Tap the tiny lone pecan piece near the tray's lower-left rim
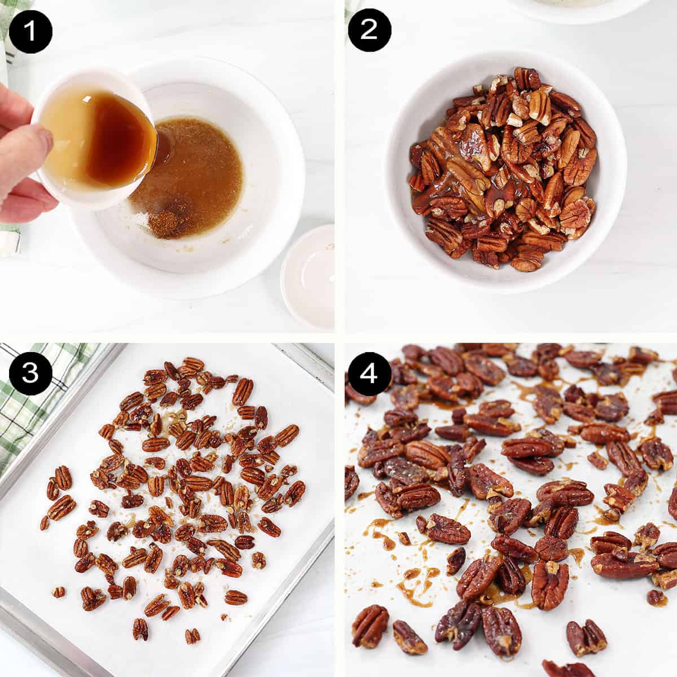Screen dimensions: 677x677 (x=58, y=592)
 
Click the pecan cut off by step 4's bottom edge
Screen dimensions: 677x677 (x=567, y=669)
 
